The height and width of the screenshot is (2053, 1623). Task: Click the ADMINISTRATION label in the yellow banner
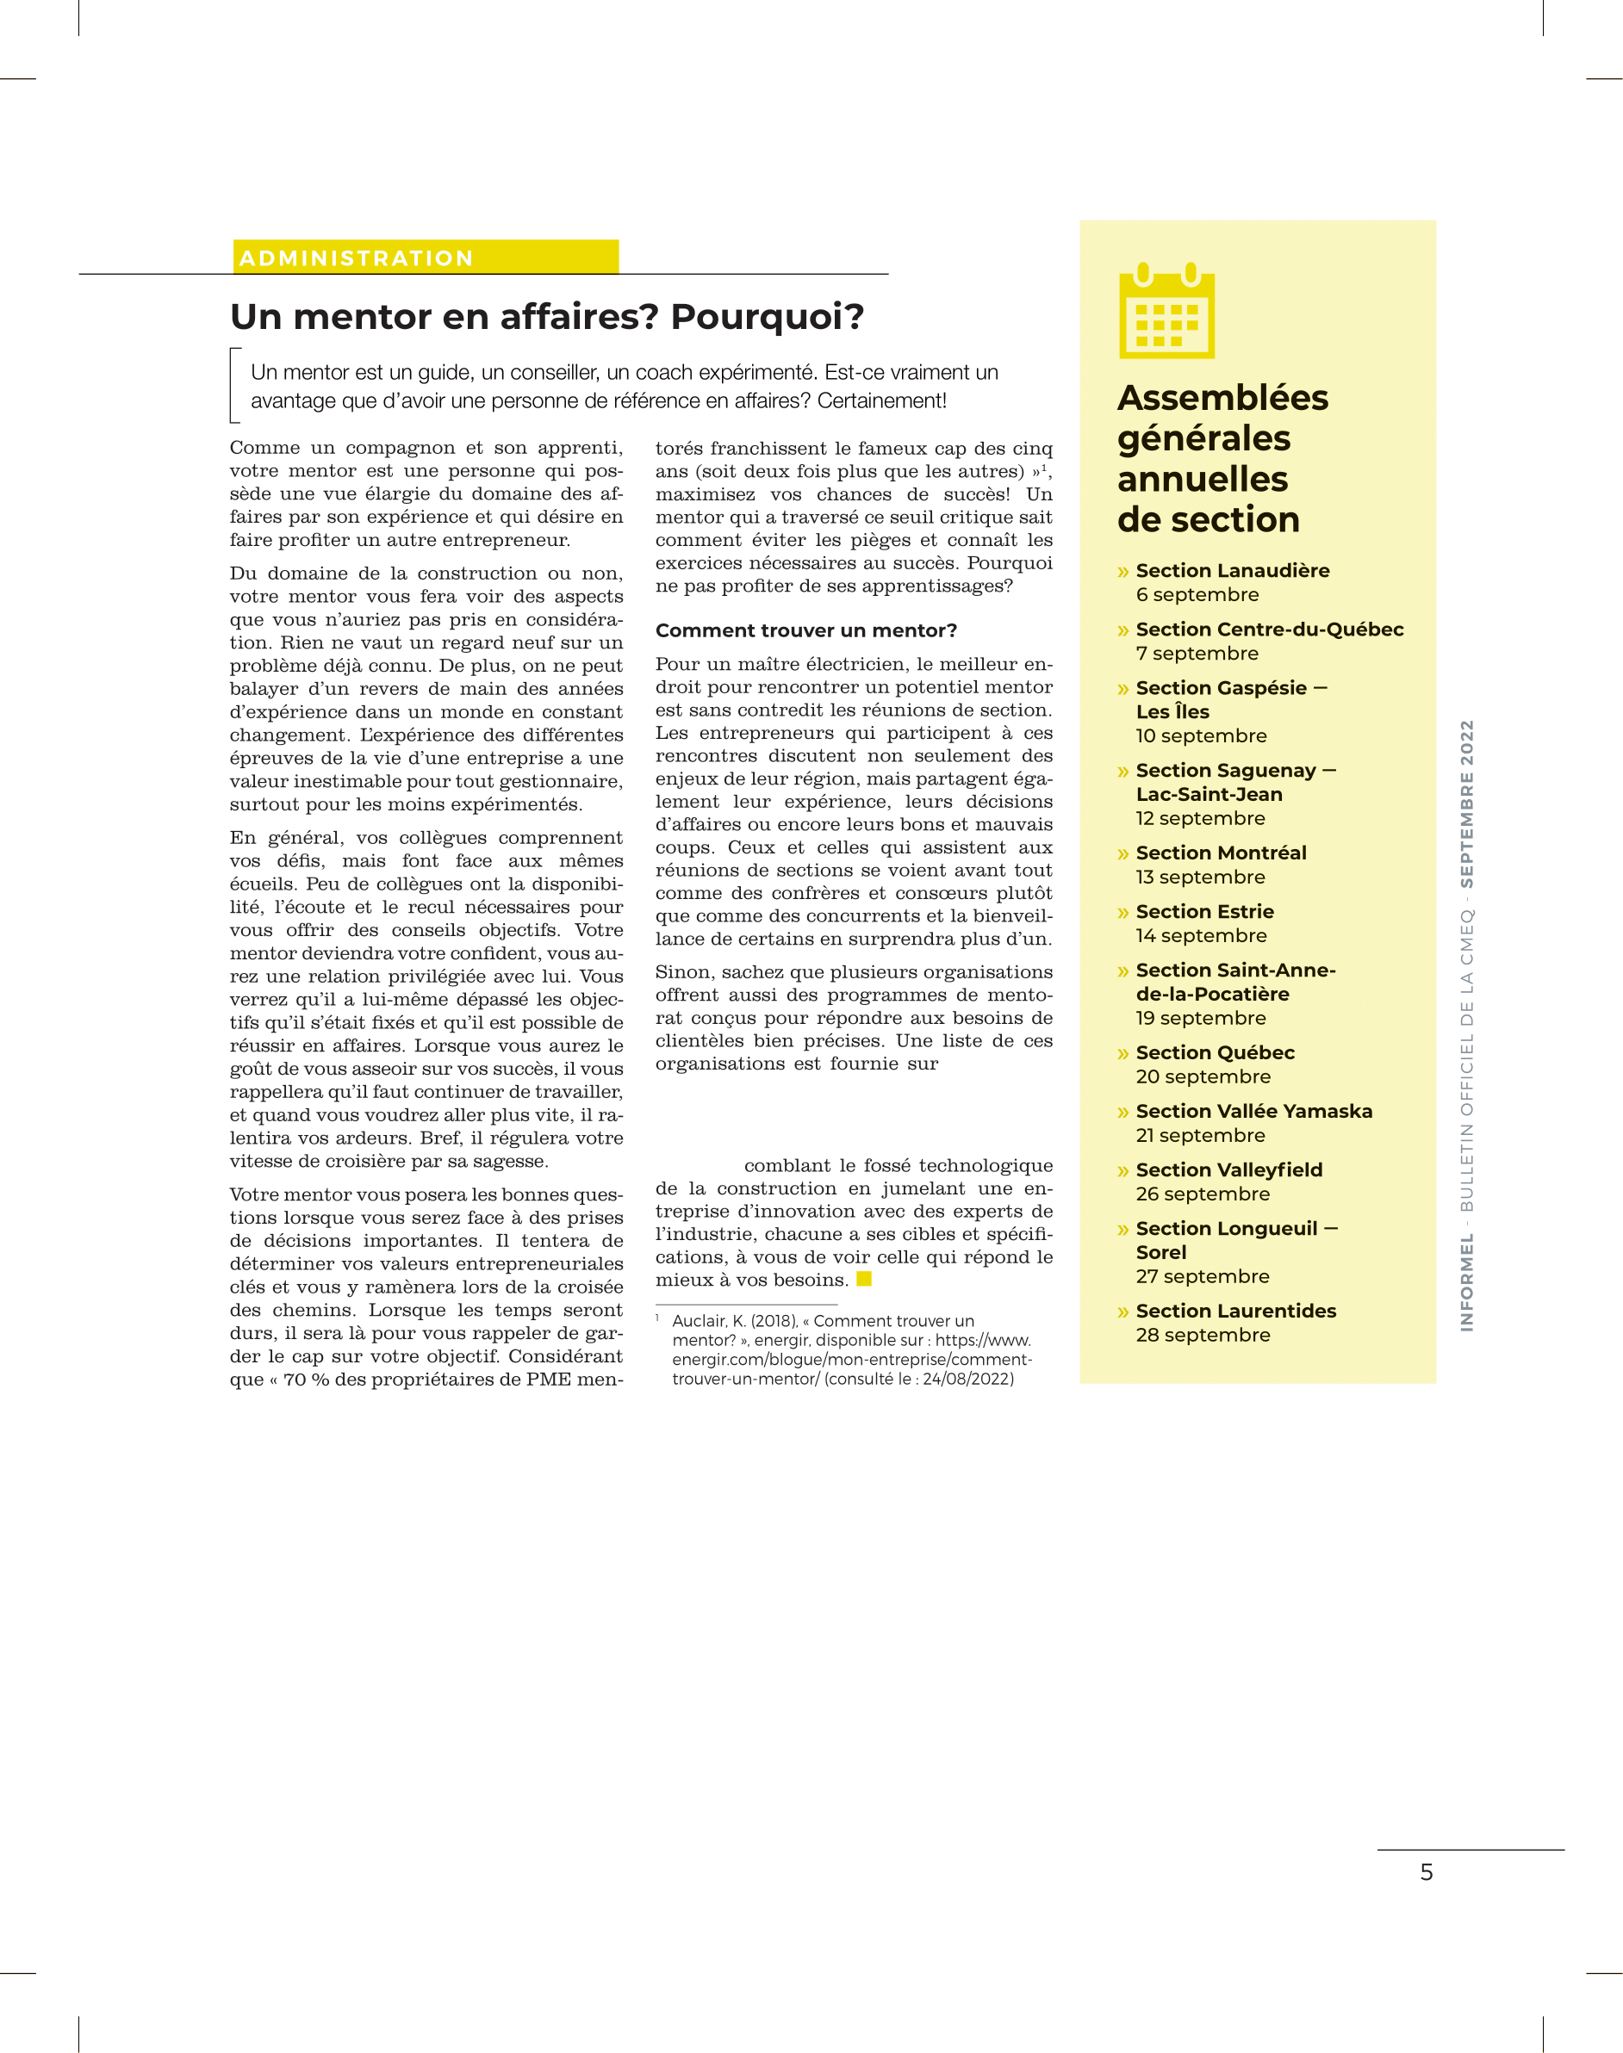pyautogui.click(x=357, y=258)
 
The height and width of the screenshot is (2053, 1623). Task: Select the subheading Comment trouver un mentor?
pyautogui.click(x=805, y=631)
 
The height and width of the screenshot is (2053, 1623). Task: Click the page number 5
pyautogui.click(x=1427, y=1872)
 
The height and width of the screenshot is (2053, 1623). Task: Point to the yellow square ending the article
pyautogui.click(x=864, y=1279)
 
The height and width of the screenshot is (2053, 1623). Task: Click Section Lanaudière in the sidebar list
pyautogui.click(x=1232, y=571)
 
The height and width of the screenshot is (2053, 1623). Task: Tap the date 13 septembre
pyautogui.click(x=1200, y=877)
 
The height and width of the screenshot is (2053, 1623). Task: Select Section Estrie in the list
pyautogui.click(x=1204, y=912)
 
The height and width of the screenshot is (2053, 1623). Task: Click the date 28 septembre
pyautogui.click(x=1202, y=1335)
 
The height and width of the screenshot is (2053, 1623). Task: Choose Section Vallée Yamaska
pyautogui.click(x=1253, y=1112)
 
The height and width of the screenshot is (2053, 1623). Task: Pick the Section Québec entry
pyautogui.click(x=1215, y=1052)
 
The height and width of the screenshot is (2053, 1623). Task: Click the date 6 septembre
pyautogui.click(x=1197, y=595)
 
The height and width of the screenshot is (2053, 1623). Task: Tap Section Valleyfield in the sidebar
pyautogui.click(x=1228, y=1170)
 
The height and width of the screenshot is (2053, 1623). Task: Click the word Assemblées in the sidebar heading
pyautogui.click(x=1222, y=398)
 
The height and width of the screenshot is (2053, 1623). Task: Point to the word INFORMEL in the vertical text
pyautogui.click(x=1467, y=1281)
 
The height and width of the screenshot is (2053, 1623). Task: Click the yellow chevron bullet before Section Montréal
pyautogui.click(x=1123, y=854)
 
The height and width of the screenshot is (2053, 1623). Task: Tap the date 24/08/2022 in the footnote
pyautogui.click(x=967, y=1379)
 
